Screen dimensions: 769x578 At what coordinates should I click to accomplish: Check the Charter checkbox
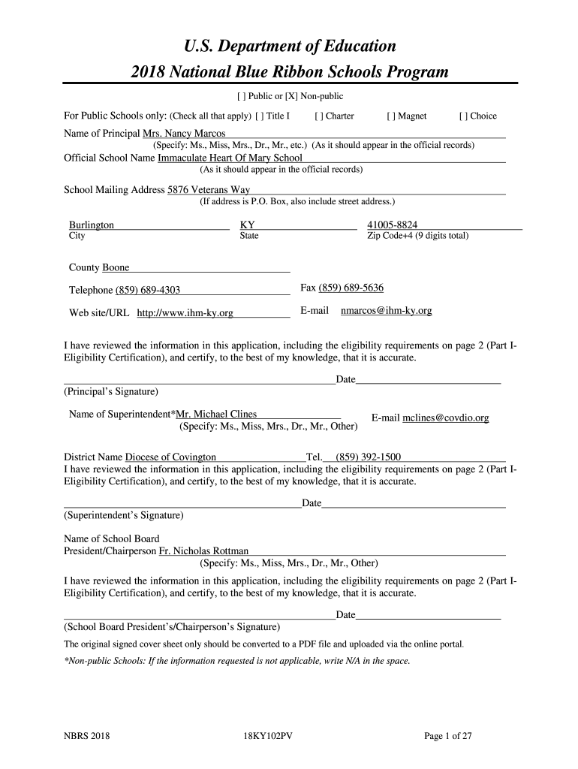pos(318,116)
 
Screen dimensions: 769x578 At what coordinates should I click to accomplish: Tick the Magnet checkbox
pos(390,116)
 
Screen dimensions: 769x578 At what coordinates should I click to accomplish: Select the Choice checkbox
pos(462,116)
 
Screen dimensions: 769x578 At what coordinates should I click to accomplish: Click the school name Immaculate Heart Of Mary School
pos(230,158)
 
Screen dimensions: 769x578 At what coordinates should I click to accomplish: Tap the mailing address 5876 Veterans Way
pos(209,190)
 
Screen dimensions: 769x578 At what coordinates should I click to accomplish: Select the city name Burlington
pos(92,225)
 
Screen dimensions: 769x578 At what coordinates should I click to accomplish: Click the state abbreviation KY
pos(247,225)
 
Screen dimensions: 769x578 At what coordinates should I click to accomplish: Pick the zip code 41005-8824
pos(393,225)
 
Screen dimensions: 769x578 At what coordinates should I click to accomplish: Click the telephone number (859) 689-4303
pos(147,291)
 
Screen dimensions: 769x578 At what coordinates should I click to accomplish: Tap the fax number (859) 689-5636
pos(351,288)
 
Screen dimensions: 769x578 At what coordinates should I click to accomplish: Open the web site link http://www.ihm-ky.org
pos(185,312)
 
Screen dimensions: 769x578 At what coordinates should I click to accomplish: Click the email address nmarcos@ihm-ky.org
pos(386,310)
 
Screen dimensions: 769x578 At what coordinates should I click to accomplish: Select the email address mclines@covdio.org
pos(446,418)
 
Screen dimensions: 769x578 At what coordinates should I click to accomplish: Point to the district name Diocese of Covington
pos(170,457)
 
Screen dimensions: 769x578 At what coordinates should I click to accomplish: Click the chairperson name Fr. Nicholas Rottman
pos(203,551)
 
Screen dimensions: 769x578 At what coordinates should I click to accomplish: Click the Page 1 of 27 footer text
pos(448,737)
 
